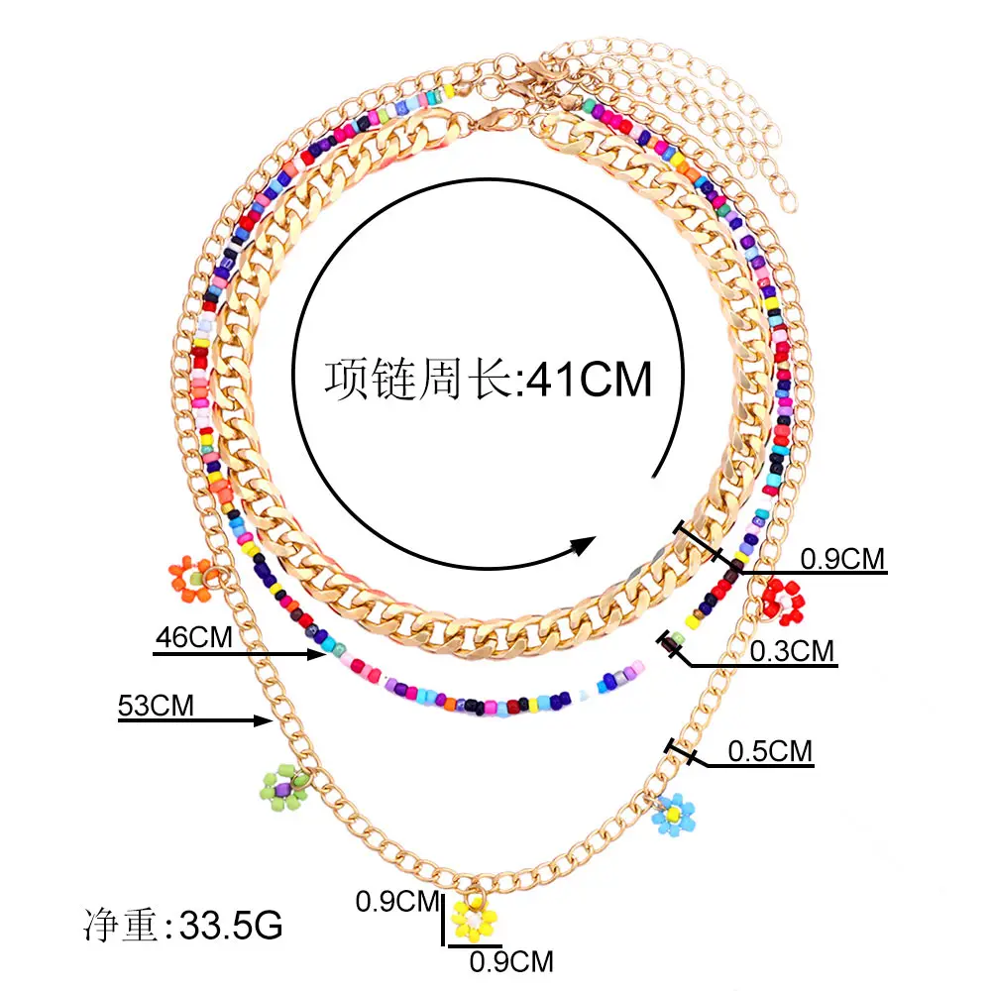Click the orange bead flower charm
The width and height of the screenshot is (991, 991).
click(x=191, y=577)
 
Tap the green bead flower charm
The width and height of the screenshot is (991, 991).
click(x=283, y=787)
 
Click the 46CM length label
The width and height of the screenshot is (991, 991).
click(x=193, y=637)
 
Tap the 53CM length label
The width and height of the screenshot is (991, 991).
click(x=156, y=706)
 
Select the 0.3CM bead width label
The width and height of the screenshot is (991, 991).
click(x=792, y=651)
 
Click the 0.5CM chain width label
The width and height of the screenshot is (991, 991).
click(x=770, y=751)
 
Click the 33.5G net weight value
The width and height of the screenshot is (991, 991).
click(x=225, y=927)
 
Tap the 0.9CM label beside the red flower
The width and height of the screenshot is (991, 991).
click(x=841, y=559)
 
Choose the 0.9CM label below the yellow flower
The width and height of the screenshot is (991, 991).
click(x=510, y=961)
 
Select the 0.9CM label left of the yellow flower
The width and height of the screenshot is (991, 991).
click(x=396, y=901)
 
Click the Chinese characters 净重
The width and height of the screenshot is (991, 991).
click(x=119, y=927)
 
